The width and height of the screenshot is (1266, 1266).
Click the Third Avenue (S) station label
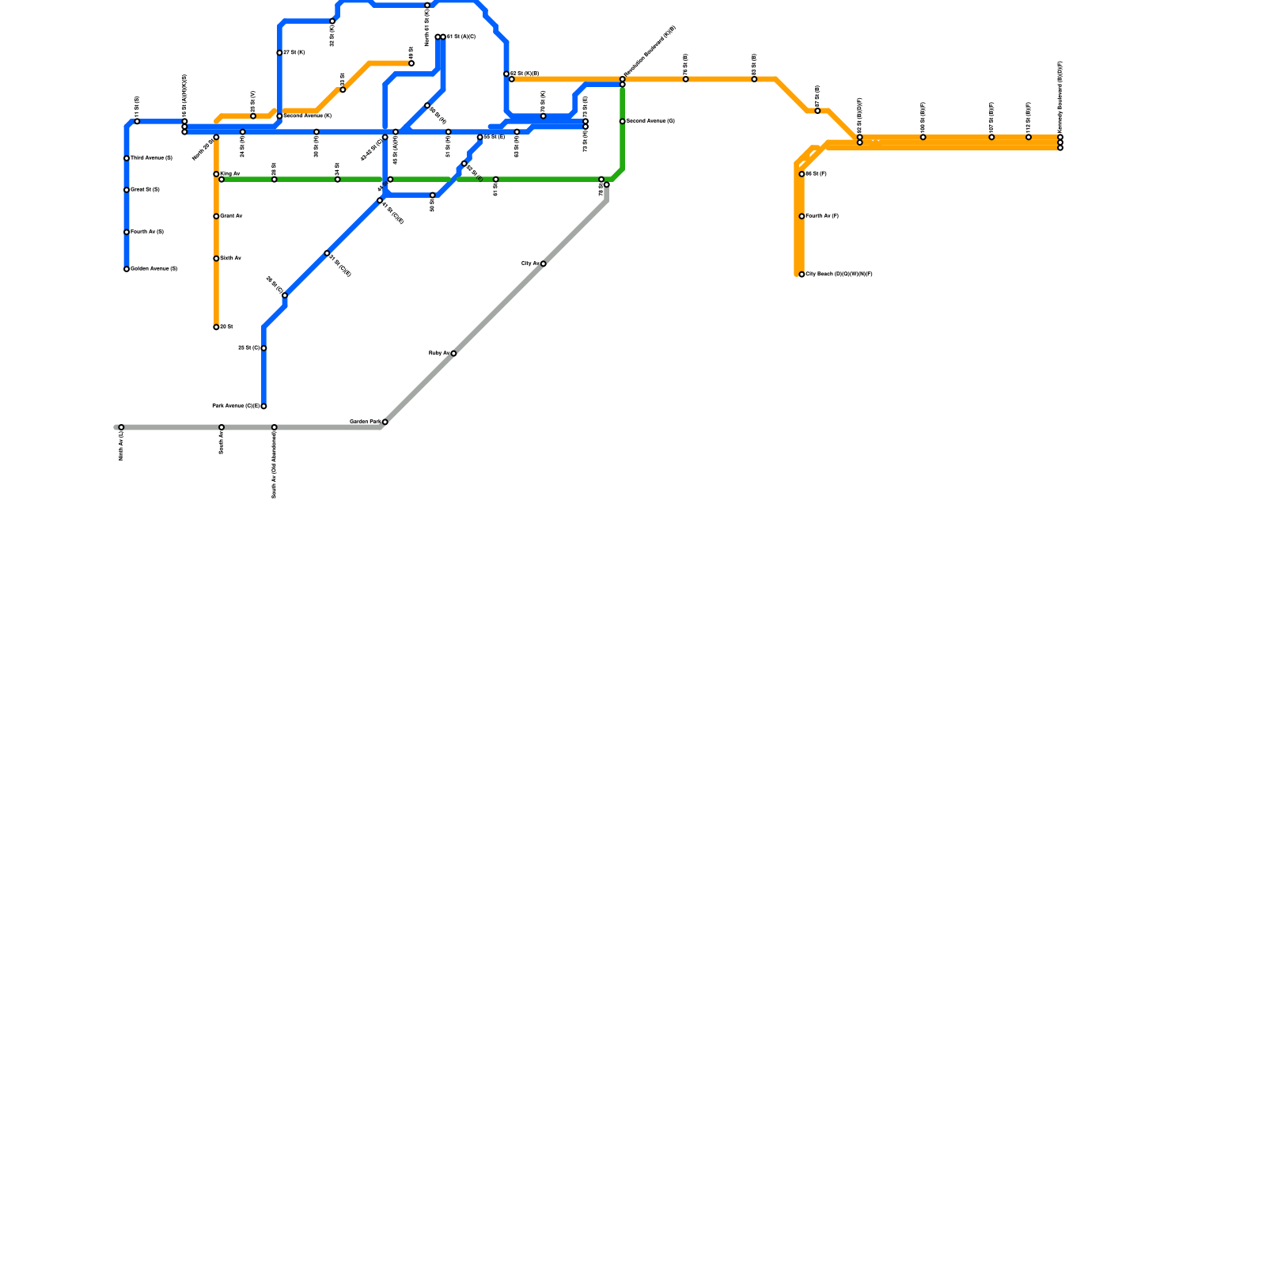pyautogui.click(x=151, y=158)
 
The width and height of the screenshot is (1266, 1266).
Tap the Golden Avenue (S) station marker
pyautogui.click(x=127, y=269)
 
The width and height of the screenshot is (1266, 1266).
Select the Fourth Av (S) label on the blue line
pyautogui.click(x=147, y=232)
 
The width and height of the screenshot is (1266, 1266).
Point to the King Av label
pyautogui.click(x=230, y=173)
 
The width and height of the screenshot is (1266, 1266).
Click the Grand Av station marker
pyautogui.click(x=216, y=216)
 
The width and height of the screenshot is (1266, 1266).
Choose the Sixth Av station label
pyautogui.click(x=230, y=258)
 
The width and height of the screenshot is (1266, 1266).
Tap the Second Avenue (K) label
pyautogui.click(x=307, y=116)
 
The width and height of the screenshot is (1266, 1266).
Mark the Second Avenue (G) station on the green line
pyautogui.click(x=623, y=121)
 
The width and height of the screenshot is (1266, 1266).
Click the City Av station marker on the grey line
pyautogui.click(x=543, y=263)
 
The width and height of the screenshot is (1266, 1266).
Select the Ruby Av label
pyautogui.click(x=439, y=353)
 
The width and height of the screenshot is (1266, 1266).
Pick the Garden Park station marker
pyautogui.click(x=385, y=423)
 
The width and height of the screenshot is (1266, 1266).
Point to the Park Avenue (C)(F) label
pyautogui.click(x=236, y=406)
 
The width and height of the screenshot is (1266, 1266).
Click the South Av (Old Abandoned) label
pyautogui.click(x=275, y=466)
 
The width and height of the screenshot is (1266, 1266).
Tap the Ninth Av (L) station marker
pyautogui.click(x=121, y=427)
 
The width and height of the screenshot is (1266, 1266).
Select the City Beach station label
pyautogui.click(x=839, y=275)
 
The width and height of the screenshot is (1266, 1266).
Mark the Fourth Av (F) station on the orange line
pyautogui.click(x=802, y=216)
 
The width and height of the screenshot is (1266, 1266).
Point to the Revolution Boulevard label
pyautogui.click(x=650, y=51)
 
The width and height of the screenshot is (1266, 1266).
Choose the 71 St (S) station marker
pyautogui.click(x=137, y=121)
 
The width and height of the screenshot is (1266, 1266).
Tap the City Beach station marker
pyautogui.click(x=802, y=275)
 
